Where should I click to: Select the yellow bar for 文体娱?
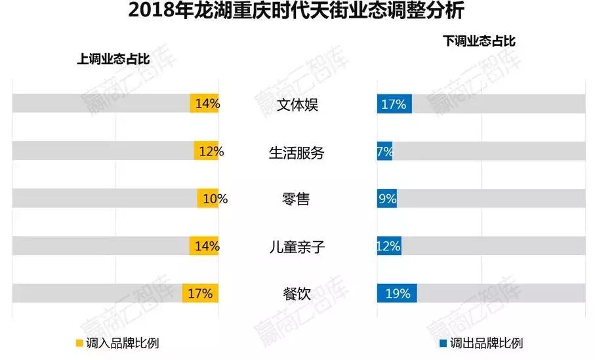204,104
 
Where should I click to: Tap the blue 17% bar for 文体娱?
394,104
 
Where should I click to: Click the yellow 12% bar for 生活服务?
206,151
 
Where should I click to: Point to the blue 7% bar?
384,151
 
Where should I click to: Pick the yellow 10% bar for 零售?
208,199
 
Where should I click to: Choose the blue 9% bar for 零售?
386,199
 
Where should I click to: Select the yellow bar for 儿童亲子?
204,247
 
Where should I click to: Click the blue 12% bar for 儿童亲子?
389,247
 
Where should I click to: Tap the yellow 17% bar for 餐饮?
200,293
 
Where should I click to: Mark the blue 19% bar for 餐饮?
397,293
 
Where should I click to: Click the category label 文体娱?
297,104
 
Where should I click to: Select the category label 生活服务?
297,152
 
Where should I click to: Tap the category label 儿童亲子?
297,247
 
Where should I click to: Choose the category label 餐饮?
296,294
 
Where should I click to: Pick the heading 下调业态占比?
480,41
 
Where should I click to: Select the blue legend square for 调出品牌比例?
444,343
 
